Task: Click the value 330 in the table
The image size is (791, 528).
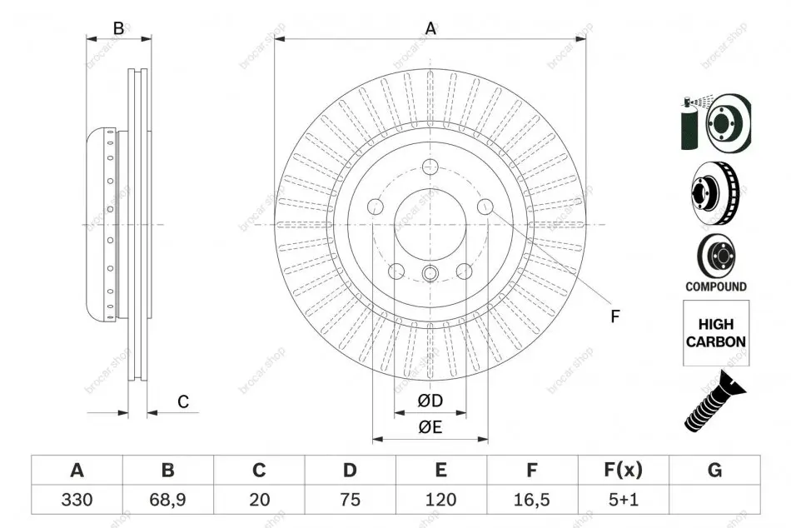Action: [77, 500]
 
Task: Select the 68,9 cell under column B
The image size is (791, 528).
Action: [167, 500]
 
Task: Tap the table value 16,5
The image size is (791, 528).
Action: [532, 500]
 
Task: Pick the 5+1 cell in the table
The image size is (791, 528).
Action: [624, 500]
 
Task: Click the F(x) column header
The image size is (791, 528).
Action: [624, 470]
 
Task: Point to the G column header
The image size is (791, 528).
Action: [715, 470]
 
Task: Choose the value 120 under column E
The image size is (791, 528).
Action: [441, 500]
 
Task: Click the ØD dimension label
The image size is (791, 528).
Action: [430, 401]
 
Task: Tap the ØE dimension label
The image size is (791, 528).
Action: [430, 427]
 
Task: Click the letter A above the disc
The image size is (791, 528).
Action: [430, 28]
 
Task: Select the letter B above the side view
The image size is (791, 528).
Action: [118, 28]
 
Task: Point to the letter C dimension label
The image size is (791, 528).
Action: [183, 401]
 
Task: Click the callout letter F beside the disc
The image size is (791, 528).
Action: [615, 316]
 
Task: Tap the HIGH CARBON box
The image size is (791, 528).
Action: [716, 333]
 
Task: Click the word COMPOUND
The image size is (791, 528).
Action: [716, 286]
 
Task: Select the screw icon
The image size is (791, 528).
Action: [714, 401]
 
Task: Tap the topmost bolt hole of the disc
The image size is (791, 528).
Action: [430, 165]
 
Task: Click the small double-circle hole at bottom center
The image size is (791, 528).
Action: [430, 273]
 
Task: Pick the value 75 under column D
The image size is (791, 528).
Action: [350, 500]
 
